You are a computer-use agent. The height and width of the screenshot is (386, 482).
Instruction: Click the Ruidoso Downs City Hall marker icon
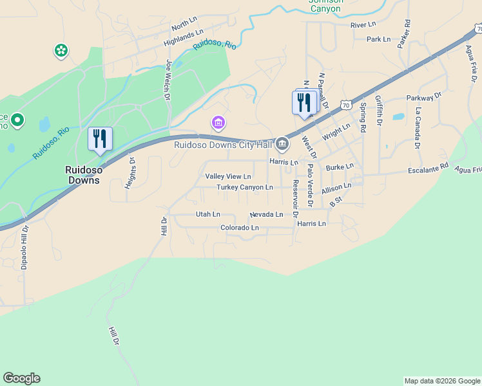pyautogui.click(x=282, y=143)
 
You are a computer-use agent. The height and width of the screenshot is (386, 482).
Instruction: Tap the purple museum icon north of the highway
pyautogui.click(x=218, y=122)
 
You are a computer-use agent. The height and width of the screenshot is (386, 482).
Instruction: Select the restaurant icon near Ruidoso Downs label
pyautogui.click(x=100, y=139)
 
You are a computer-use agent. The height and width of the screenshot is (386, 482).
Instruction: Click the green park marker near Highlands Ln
pyautogui.click(x=61, y=50)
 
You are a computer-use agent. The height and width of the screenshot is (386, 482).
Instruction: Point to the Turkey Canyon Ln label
pyautogui.click(x=245, y=187)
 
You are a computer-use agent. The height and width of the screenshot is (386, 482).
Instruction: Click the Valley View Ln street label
pyautogui.click(x=228, y=176)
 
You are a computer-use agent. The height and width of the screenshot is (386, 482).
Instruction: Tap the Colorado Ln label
pyautogui.click(x=239, y=228)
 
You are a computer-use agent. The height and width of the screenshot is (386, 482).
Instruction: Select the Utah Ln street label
pyautogui.click(x=207, y=214)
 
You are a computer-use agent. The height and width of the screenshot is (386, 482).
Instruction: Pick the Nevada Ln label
pyautogui.click(x=266, y=214)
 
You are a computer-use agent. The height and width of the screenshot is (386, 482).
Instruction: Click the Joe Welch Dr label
pyautogui.click(x=169, y=80)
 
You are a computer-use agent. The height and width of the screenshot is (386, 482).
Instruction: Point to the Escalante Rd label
pyautogui.click(x=428, y=169)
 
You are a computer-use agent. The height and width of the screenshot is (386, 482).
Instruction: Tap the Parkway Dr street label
pyautogui.click(x=424, y=97)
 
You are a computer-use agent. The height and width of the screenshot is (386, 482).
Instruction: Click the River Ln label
pyautogui.click(x=363, y=24)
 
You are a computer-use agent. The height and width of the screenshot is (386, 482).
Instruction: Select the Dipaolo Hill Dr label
pyautogui.click(x=24, y=246)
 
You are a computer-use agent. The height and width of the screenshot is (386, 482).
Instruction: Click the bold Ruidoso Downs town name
pyautogui.click(x=82, y=175)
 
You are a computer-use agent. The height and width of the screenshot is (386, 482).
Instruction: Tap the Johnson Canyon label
pyautogui.click(x=325, y=5)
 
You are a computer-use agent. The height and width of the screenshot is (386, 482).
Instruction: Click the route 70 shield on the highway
pyautogui.click(x=346, y=104)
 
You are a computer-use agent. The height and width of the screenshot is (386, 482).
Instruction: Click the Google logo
pyautogui.click(x=21, y=378)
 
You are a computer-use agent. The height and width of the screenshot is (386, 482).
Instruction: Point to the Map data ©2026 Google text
pyautogui.click(x=442, y=381)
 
